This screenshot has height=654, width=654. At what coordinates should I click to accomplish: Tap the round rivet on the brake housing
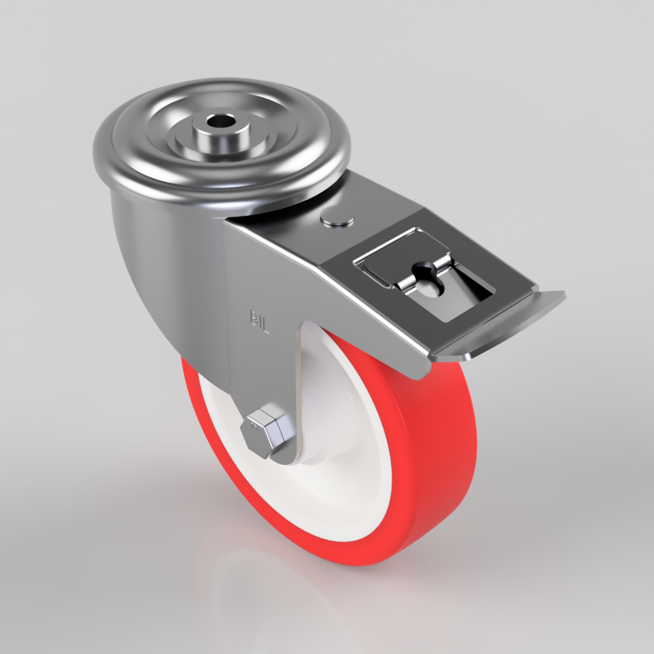point(338,219)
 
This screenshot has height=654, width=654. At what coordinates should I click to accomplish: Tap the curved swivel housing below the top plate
point(157,262)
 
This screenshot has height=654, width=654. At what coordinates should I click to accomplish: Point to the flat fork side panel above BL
point(275,262)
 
